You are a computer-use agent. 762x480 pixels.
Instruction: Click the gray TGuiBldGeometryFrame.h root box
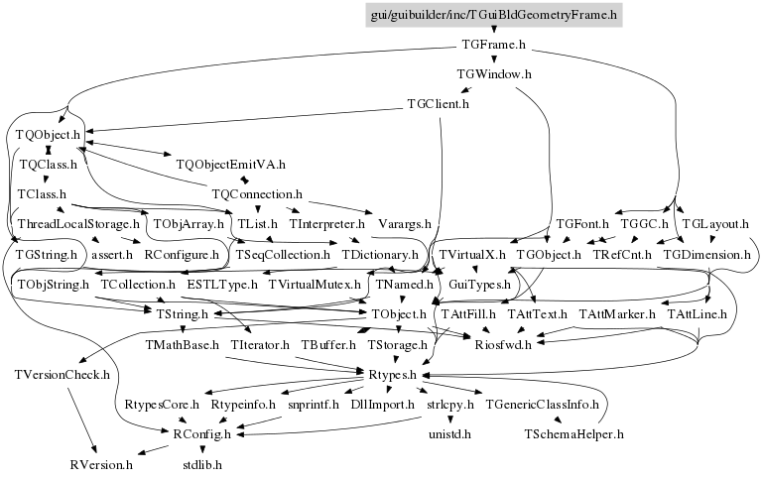pyautogui.click(x=493, y=14)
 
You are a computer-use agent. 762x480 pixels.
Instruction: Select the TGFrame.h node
pyautogui.click(x=493, y=45)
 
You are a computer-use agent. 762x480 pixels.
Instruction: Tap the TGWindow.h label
pyautogui.click(x=493, y=74)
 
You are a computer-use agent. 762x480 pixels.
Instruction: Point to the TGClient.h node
pyautogui.click(x=438, y=103)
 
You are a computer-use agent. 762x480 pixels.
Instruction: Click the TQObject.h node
pyautogui.click(x=47, y=133)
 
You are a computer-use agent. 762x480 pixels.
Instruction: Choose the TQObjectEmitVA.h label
pyautogui.click(x=230, y=164)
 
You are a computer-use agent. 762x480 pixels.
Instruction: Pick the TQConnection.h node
pyautogui.click(x=257, y=194)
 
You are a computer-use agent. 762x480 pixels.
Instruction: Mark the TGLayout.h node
pyautogui.click(x=714, y=224)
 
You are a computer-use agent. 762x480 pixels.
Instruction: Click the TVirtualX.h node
pyautogui.click(x=471, y=255)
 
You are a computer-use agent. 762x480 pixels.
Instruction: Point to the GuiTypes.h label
pyautogui.click(x=479, y=285)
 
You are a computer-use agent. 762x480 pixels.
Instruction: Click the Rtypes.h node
pyautogui.click(x=397, y=375)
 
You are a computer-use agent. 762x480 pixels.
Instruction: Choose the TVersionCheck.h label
pyautogui.click(x=62, y=375)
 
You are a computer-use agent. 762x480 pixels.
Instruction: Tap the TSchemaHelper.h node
pyautogui.click(x=573, y=433)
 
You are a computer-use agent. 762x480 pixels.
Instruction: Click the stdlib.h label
pyautogui.click(x=201, y=463)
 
